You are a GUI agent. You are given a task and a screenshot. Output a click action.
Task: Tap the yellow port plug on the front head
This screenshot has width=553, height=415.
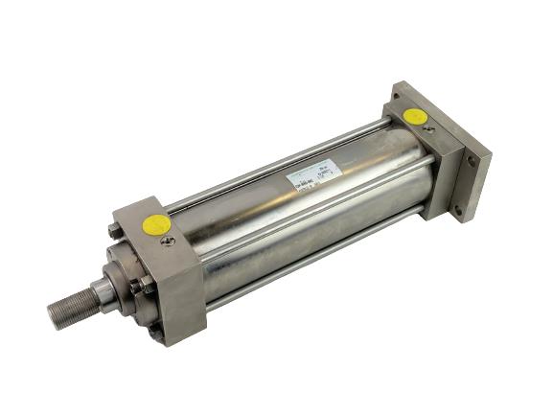tap(155, 225)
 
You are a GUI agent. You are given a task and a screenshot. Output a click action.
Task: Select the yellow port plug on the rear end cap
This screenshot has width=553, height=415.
tap(415, 117)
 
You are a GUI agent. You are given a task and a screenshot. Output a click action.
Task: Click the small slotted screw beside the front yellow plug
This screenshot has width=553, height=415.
tap(168, 240)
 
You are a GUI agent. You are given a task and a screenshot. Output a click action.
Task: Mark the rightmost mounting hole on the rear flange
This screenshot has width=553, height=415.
tap(473, 163)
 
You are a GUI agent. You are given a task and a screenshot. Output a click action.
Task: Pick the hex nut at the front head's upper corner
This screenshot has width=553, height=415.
tap(116, 229)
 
